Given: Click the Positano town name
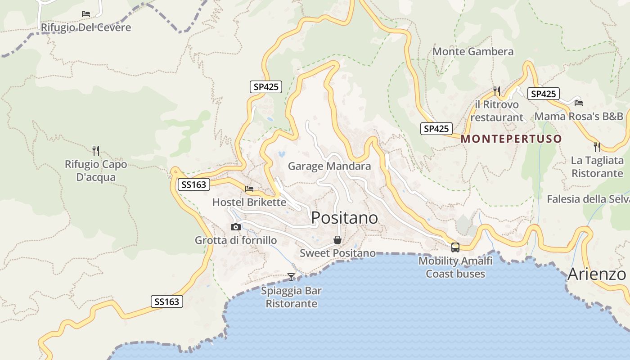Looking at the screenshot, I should tap(344, 218).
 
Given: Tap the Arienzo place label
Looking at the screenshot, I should tap(597, 274).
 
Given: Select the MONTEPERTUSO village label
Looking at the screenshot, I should tap(512, 139).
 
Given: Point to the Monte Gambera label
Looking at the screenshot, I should tap(473, 52).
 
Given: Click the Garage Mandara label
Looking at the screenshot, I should tap(329, 166).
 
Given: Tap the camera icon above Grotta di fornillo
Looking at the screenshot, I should tap(235, 227).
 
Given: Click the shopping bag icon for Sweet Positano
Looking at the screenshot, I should tap(337, 240).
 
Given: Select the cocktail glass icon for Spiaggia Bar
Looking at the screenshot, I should tap(291, 277).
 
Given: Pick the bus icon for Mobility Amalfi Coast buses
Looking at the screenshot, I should tap(455, 247).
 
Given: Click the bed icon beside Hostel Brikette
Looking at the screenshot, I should tap(249, 189).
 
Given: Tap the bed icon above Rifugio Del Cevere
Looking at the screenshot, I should tap(86, 14).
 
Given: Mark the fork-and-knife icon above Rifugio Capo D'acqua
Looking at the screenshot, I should tap(95, 150).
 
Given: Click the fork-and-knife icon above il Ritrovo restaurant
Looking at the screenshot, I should tap(497, 91).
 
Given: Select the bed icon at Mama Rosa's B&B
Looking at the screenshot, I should tap(579, 103).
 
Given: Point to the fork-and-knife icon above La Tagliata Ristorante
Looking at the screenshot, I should tap(597, 147).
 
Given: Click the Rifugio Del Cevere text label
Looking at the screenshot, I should tap(86, 27).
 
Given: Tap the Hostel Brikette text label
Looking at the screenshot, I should tap(249, 202).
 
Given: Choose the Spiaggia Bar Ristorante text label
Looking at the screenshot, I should tap(291, 297).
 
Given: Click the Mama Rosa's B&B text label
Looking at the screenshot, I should tap(579, 117).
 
